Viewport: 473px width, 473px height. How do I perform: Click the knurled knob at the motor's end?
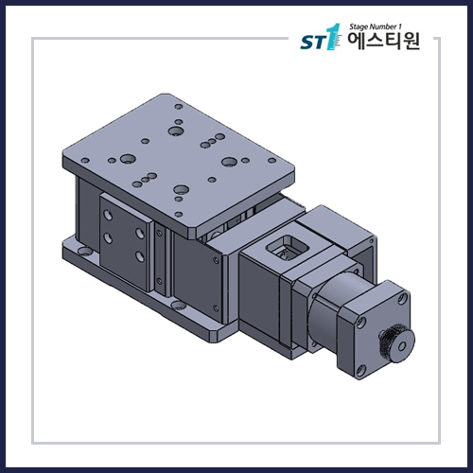pyautogui.click(x=391, y=342)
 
